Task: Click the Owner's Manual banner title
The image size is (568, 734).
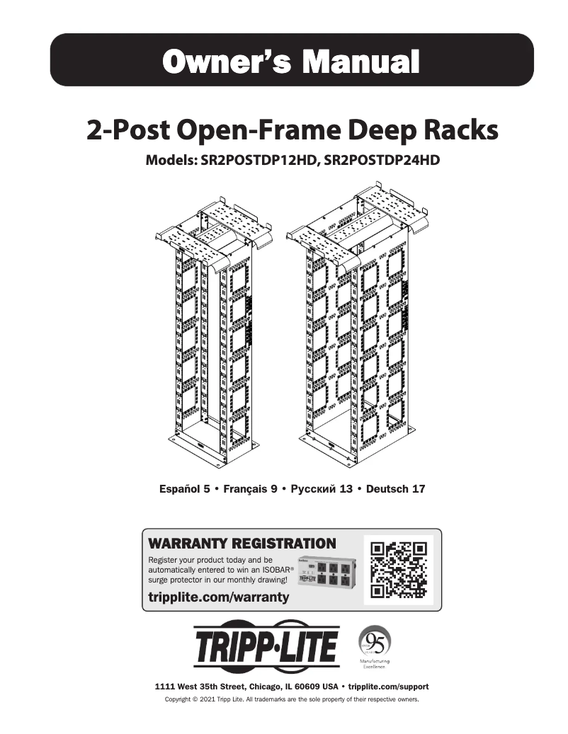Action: coord(291,62)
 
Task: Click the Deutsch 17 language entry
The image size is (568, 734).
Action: coord(396,489)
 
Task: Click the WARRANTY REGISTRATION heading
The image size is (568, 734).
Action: coord(242,544)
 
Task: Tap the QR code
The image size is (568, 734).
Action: coord(398,570)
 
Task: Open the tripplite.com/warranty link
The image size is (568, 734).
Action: coord(219,597)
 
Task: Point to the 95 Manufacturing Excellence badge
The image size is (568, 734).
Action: coord(375,646)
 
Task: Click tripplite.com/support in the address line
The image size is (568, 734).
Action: coord(389,687)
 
